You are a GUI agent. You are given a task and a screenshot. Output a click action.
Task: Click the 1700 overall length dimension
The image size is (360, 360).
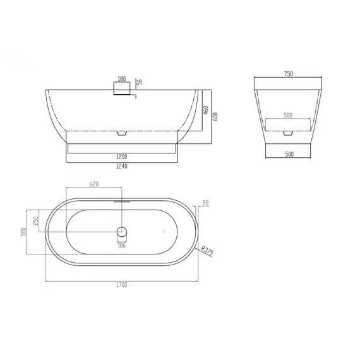coord(122,285)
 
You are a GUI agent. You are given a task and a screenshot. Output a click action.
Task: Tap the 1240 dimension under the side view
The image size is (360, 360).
coord(122,166)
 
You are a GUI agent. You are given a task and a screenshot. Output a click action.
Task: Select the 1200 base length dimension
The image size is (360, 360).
coord(122,157)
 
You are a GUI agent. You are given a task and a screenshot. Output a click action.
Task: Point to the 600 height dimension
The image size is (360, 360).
coord(215,116)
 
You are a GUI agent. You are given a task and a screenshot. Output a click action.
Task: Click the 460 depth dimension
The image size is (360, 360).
coord(206,110)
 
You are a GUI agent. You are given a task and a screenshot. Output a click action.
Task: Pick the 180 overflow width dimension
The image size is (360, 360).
coord(122,79)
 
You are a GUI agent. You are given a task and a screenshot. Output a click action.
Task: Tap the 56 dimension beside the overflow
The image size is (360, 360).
coord(140,82)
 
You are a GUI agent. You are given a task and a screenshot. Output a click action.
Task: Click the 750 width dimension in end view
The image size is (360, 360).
coord(289,74)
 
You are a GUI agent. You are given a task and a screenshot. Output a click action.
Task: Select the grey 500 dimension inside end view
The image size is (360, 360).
coord(288,115)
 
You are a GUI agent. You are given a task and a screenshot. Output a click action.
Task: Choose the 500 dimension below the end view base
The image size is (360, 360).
coord(289,154)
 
